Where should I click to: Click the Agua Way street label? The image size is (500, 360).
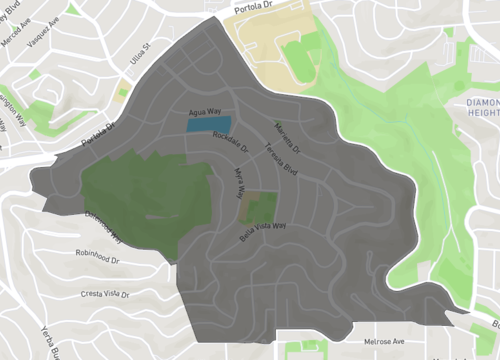pos(204,113)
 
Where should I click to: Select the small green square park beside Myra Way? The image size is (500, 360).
pos(262,207)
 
